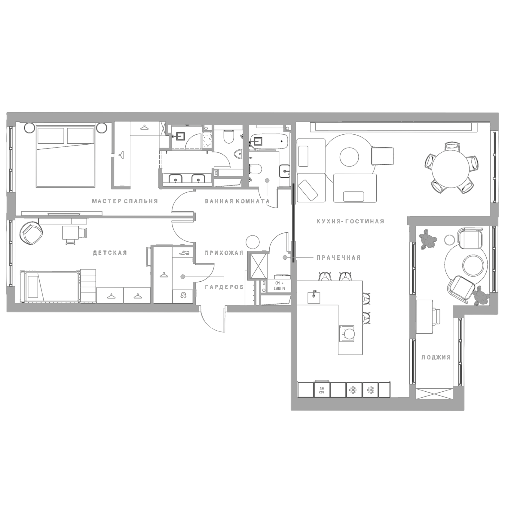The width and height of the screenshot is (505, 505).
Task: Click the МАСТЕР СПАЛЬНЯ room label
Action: click(x=125, y=201)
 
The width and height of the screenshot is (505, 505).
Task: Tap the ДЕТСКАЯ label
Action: click(x=110, y=253)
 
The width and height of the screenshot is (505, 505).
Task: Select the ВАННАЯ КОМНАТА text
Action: click(x=237, y=201)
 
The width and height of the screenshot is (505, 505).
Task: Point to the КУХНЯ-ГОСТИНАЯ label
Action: click(x=350, y=222)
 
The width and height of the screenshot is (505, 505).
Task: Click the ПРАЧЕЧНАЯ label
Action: click(x=338, y=258)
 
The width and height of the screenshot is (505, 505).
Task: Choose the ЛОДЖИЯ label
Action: click(x=436, y=357)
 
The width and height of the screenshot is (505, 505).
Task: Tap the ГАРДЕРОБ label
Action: click(x=224, y=287)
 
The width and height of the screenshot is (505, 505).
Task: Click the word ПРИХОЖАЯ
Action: click(x=224, y=253)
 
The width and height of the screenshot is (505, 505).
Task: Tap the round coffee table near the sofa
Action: click(x=349, y=157)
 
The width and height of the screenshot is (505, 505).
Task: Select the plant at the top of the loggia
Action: click(x=427, y=239)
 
